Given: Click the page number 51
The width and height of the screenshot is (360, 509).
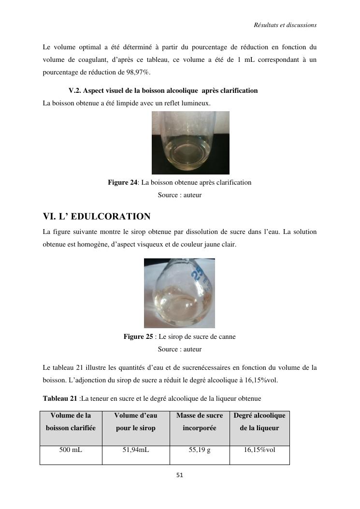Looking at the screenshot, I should click(179, 475).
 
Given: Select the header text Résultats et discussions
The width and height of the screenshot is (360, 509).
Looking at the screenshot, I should click(285, 25).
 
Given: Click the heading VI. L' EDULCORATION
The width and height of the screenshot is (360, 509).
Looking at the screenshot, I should click(97, 217).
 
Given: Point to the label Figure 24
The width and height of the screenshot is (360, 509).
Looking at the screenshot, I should click(122, 182).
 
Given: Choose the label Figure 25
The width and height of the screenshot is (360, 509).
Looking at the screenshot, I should click(138, 336).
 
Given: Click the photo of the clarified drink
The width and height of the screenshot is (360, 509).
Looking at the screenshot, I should click(190, 143).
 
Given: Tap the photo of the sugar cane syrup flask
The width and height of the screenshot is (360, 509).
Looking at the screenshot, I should click(179, 293).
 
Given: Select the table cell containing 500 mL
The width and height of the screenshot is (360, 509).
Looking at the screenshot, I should click(71, 450).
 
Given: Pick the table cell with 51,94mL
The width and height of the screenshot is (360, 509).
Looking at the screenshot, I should click(136, 450).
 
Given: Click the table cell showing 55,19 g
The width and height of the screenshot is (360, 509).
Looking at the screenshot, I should click(200, 450).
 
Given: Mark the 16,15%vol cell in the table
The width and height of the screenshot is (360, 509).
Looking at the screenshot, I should click(259, 450).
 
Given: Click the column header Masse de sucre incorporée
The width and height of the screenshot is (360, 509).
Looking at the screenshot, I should click(200, 422).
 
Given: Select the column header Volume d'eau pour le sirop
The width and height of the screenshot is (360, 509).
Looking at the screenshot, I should click(136, 422).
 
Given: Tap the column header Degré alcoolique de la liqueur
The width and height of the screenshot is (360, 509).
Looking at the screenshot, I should click(259, 422).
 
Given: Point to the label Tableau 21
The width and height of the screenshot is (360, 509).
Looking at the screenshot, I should click(60, 398).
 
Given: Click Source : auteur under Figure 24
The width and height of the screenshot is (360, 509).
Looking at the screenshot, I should click(179, 195).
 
